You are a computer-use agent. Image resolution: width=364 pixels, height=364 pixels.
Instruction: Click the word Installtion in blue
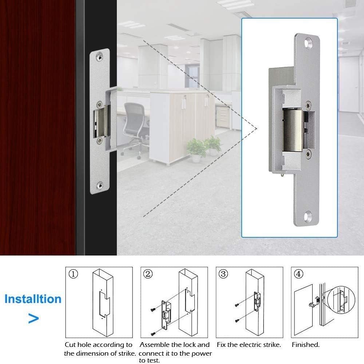pyautogui.click(x=33, y=299)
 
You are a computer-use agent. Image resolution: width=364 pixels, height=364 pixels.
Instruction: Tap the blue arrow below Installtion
pyautogui.click(x=33, y=319)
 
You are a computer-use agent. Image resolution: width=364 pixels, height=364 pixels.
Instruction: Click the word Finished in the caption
pyautogui.click(x=305, y=344)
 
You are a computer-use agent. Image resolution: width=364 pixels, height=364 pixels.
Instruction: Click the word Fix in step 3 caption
pyautogui.click(x=222, y=344)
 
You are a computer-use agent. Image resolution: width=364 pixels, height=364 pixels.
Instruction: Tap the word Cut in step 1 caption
pyautogui.click(x=71, y=344)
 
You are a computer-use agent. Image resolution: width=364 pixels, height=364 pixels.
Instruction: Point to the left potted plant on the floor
pyautogui.click(x=196, y=150)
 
